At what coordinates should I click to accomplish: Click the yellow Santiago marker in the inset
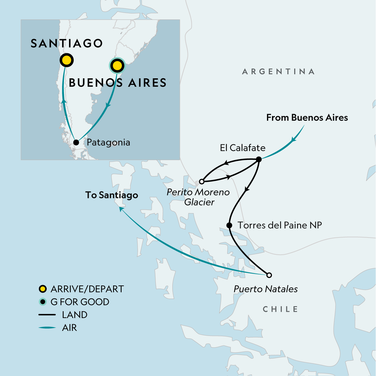click(66, 60)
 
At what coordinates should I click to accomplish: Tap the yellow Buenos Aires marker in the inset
click(117, 66)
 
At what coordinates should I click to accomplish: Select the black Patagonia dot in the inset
click(76, 143)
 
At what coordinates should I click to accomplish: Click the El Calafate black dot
click(259, 159)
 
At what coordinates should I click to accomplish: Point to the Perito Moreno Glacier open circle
click(202, 181)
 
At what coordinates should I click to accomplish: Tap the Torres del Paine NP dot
click(229, 225)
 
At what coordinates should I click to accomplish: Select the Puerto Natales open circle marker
click(269, 275)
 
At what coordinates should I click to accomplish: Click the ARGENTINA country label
click(278, 72)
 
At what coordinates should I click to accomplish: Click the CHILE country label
click(280, 309)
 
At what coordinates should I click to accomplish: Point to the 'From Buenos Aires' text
click(307, 118)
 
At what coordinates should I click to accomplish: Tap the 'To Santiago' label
click(112, 195)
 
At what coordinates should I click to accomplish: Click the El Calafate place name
click(243, 148)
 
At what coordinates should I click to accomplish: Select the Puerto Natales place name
click(266, 289)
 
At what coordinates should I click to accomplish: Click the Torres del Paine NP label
click(279, 225)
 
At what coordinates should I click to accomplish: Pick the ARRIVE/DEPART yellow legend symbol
click(42, 289)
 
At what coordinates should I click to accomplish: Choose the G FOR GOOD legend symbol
click(42, 302)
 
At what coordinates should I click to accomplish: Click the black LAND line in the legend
click(47, 315)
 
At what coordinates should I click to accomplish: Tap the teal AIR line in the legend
click(47, 328)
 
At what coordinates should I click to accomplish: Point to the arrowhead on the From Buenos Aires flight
click(294, 139)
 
